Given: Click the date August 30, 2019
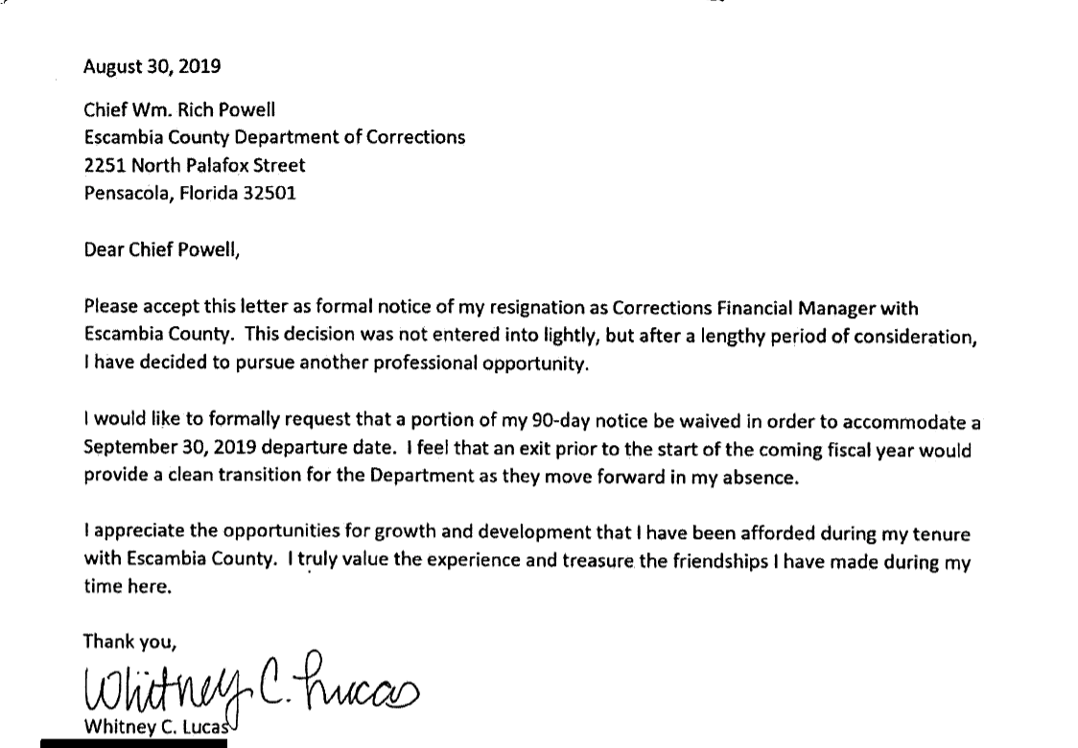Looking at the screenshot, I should click(x=152, y=67).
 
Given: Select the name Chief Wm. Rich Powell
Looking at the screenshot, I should click(x=179, y=109).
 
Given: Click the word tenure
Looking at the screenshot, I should click(x=943, y=533).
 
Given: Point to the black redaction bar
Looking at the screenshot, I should click(x=133, y=743).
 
